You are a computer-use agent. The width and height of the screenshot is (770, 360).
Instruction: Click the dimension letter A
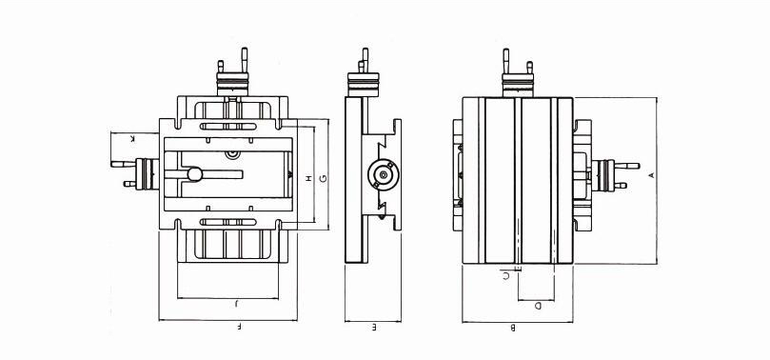coord(652,175)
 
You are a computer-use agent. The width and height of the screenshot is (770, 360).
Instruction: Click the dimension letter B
coord(513,328)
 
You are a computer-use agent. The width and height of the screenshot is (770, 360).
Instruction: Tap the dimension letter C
coord(506,276)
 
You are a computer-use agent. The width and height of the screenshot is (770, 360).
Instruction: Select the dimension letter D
coord(538,306)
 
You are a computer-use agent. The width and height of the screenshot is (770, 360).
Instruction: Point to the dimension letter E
coord(374,327)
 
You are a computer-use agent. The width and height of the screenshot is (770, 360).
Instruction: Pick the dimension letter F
coord(240,326)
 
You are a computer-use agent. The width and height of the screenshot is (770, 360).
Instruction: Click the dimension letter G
coord(323,178)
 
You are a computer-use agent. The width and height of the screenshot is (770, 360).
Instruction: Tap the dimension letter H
coord(308,178)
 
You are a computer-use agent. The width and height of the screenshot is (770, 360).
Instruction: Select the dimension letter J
coord(236,304)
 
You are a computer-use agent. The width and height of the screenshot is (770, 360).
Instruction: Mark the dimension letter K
coord(132,139)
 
